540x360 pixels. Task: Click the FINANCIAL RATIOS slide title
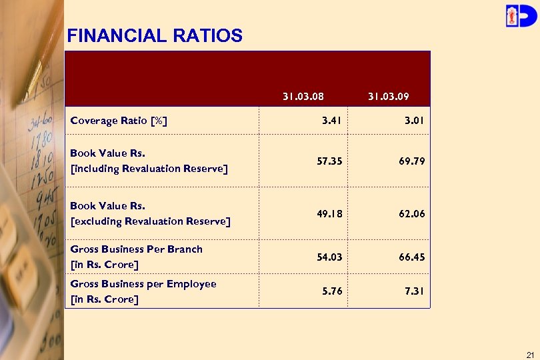coord(155,35)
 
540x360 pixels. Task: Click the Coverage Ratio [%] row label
coord(119,121)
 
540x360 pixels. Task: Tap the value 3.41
coord(331,121)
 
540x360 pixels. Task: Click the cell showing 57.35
coord(329,161)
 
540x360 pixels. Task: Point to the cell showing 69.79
coord(411,161)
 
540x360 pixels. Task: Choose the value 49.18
coord(329,214)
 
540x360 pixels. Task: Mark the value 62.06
coord(411,214)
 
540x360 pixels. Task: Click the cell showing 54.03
coord(329,257)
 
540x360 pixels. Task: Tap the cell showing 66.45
coord(411,257)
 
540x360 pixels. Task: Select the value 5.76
coord(331,291)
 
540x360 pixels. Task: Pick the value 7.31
coord(414,291)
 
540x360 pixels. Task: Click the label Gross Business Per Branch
coord(136,249)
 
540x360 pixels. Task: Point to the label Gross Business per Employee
coord(143,284)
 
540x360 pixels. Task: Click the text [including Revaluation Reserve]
coord(149,169)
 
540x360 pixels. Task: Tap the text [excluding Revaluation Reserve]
coord(150,221)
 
